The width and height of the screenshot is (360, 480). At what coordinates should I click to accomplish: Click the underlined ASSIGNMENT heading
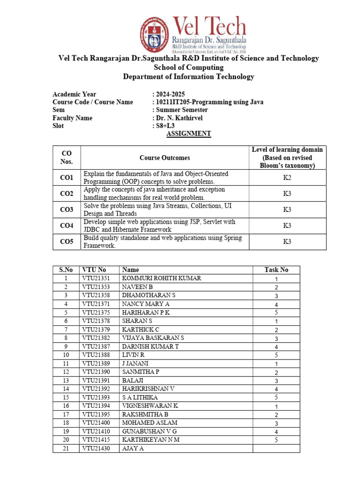pos(189,134)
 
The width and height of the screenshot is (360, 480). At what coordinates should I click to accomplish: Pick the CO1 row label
pos(67,178)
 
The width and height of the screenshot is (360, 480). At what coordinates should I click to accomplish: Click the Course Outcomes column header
pos(165,158)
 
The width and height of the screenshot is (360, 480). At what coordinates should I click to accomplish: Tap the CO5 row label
pos(67,242)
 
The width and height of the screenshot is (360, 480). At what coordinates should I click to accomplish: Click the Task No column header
pos(276,270)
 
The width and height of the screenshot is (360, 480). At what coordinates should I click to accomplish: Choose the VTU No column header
pos(94,270)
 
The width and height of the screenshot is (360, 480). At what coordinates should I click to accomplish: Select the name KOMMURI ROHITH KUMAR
pos(161,278)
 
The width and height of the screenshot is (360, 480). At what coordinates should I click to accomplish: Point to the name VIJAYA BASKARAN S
pos(153,338)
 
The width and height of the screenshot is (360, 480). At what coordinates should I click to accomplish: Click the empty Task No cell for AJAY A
pos(276,449)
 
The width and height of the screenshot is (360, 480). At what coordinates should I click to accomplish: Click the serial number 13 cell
pos(66,381)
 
